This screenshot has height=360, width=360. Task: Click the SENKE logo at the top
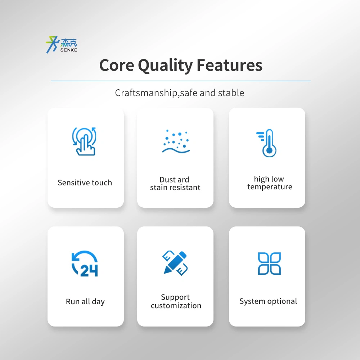(62, 45)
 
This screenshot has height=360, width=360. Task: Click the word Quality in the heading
(165, 66)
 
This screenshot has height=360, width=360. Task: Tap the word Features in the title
(230, 65)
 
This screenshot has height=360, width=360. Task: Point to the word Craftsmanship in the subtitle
(146, 93)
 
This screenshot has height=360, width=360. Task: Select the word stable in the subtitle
(231, 93)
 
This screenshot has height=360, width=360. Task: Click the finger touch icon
(84, 141)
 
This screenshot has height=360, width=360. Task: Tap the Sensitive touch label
(85, 183)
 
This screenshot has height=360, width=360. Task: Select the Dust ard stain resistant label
(175, 184)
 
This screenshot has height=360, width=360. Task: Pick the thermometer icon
(266, 143)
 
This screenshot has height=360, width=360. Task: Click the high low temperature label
(270, 183)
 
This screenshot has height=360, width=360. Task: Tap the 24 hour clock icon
(85, 264)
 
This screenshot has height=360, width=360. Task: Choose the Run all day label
(85, 302)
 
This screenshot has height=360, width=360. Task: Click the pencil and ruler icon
(175, 263)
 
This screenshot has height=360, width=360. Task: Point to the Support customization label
(176, 301)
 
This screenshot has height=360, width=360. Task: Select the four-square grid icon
(269, 264)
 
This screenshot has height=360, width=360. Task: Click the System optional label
(268, 301)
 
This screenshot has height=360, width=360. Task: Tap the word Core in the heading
(117, 65)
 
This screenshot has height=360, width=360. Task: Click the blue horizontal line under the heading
(181, 81)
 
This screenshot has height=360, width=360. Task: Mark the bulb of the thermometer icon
(269, 151)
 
